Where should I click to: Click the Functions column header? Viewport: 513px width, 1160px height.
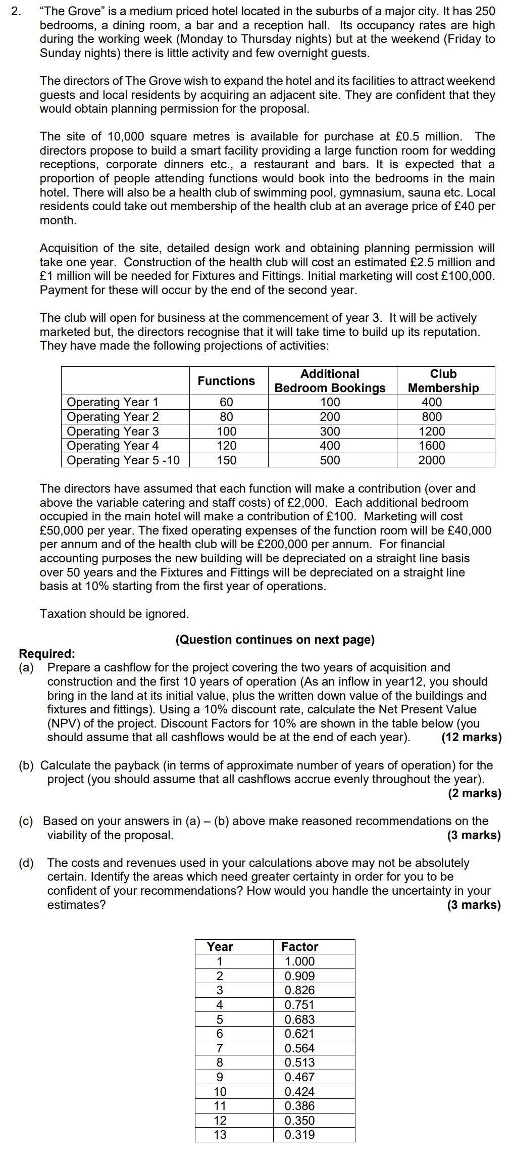(x=226, y=381)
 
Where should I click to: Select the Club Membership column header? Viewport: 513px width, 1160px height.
(x=443, y=381)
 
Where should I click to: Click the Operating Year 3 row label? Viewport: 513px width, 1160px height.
(x=113, y=431)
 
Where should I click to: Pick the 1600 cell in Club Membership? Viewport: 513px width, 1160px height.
(x=432, y=446)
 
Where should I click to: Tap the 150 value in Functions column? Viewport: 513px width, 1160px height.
(x=227, y=460)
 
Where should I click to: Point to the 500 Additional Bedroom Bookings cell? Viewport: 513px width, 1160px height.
(x=330, y=460)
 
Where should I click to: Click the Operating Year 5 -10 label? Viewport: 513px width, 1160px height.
(x=123, y=460)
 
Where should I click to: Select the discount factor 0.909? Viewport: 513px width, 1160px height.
(x=299, y=976)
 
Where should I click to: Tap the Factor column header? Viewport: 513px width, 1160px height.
(x=299, y=947)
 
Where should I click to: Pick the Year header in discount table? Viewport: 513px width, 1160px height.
(x=220, y=947)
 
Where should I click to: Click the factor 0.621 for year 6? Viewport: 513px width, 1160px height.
(x=299, y=1034)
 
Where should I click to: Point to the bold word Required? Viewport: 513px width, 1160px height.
(x=47, y=654)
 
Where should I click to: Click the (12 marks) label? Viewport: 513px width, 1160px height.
(x=471, y=737)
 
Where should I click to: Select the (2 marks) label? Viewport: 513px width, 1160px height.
(x=474, y=793)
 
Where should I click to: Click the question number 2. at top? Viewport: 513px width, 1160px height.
(x=17, y=11)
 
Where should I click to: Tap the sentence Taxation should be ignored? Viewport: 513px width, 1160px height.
(x=114, y=614)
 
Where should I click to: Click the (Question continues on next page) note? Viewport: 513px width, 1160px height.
(x=275, y=640)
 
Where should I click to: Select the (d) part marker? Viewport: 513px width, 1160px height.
(x=26, y=863)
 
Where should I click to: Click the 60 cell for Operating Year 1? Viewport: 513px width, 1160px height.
(x=227, y=403)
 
